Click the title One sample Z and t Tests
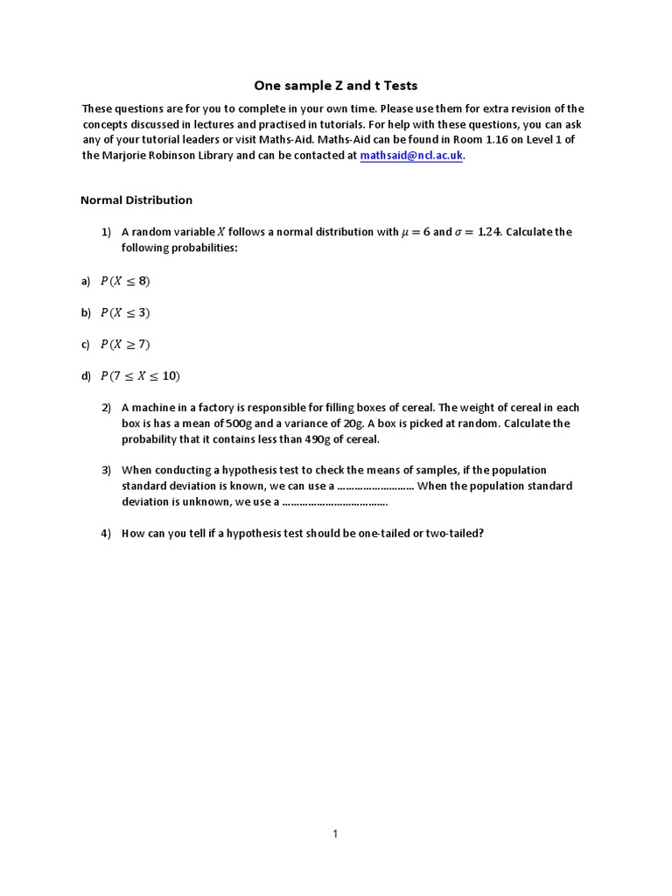[335, 85]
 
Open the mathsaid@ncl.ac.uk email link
[411, 156]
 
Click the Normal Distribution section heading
[136, 199]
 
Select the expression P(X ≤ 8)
[126, 281]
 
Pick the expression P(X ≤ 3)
[126, 312]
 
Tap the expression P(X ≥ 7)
[126, 344]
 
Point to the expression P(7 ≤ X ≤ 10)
[140, 375]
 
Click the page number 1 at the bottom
[335, 834]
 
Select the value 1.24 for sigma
[486, 232]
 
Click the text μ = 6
[415, 232]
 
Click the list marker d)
[86, 376]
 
